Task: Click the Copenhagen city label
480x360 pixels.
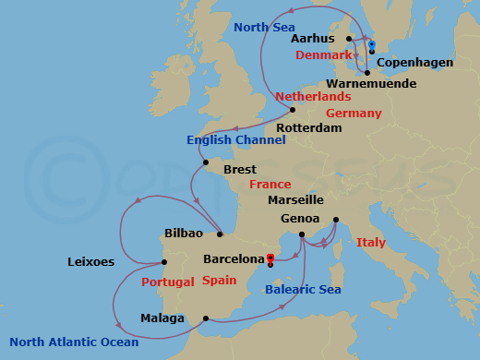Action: pyautogui.click(x=415, y=63)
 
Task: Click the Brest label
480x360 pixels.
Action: pyautogui.click(x=239, y=170)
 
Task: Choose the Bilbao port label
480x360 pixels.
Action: pyautogui.click(x=183, y=234)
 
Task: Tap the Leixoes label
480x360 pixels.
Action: pyautogui.click(x=90, y=262)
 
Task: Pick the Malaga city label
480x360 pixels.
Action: pyautogui.click(x=163, y=319)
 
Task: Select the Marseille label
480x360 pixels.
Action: pyautogui.click(x=294, y=199)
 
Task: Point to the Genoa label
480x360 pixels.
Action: pyautogui.click(x=299, y=220)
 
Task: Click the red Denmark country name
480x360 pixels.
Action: pyautogui.click(x=324, y=55)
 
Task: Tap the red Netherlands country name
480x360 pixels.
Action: pyautogui.click(x=313, y=97)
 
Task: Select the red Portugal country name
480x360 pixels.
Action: pyautogui.click(x=166, y=282)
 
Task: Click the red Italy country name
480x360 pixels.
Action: pyautogui.click(x=370, y=243)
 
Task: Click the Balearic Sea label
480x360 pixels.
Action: pyautogui.click(x=303, y=290)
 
